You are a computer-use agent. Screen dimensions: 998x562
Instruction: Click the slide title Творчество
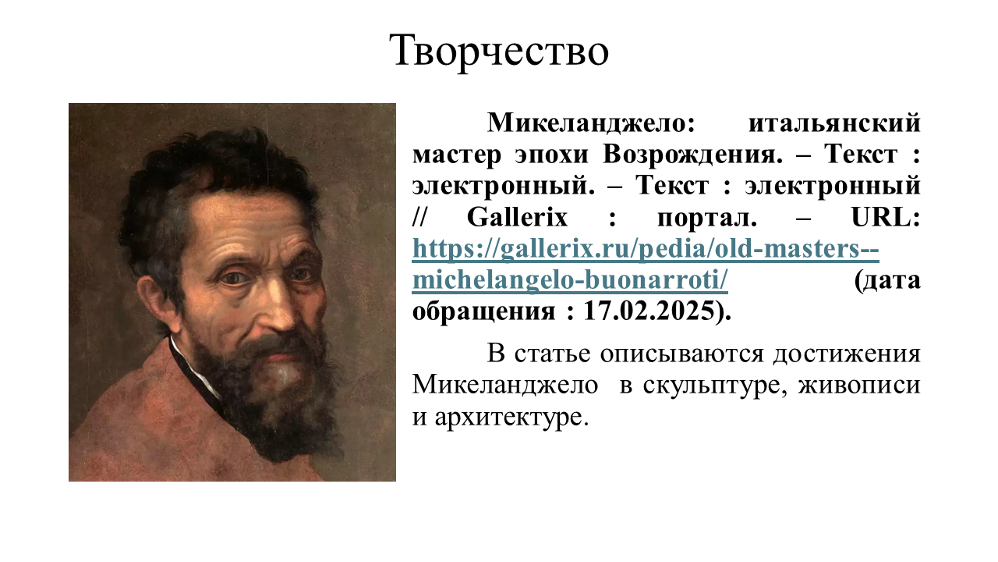(x=499, y=51)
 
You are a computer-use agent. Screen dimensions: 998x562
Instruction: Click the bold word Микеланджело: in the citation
(x=591, y=123)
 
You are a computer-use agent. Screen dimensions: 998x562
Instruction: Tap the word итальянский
(x=834, y=123)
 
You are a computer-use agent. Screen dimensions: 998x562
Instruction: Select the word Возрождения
(x=693, y=155)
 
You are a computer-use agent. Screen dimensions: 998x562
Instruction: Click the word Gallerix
(x=517, y=218)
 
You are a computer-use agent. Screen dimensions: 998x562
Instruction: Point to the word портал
(x=707, y=218)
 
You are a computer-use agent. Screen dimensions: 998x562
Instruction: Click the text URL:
(x=886, y=218)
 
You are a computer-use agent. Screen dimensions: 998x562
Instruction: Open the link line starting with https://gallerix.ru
(x=646, y=249)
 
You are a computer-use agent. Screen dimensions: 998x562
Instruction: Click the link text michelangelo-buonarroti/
(x=570, y=280)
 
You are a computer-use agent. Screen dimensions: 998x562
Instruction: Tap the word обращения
(x=483, y=311)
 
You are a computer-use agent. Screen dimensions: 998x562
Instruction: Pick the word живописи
(x=859, y=386)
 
